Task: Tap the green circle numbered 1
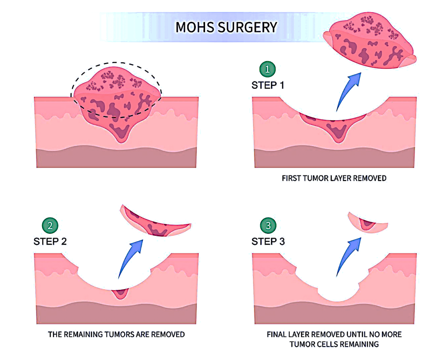(268, 68)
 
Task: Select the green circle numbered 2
(50, 225)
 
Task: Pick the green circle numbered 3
(268, 225)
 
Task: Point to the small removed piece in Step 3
(368, 223)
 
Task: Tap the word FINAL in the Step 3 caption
(277, 335)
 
